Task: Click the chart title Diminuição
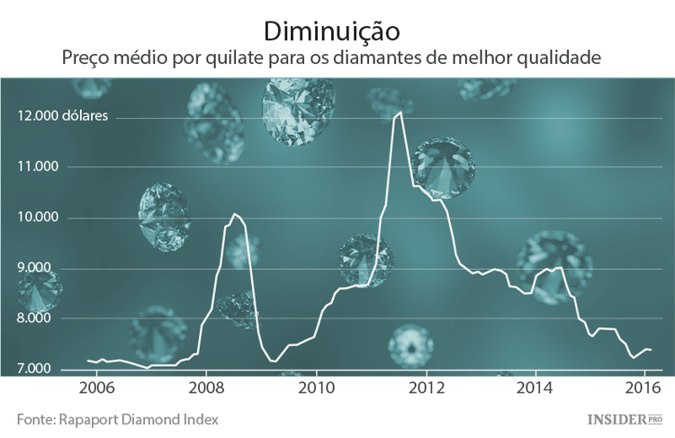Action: tap(332, 31)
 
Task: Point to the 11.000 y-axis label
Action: tap(37, 166)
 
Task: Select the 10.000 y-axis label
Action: tap(37, 218)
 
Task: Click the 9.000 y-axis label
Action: tap(39, 268)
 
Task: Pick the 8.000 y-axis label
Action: tap(39, 319)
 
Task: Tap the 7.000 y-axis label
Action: tap(39, 370)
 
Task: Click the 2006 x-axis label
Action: tap(96, 389)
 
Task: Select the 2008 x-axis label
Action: tap(206, 389)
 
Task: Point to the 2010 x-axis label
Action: tap(316, 389)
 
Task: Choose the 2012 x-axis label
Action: tap(426, 389)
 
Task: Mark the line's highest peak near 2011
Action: tap(400, 112)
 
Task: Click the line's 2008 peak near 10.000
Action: tap(234, 214)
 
